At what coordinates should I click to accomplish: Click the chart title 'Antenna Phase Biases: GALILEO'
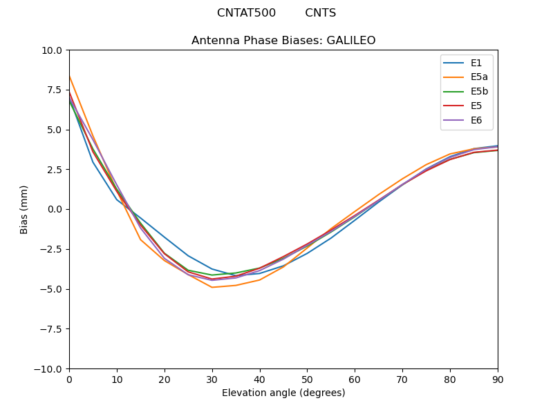pos(283,41)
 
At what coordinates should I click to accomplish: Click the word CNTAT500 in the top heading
pos(246,13)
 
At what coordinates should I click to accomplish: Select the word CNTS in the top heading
pos(320,13)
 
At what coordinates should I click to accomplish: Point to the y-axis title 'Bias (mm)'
pos(24,209)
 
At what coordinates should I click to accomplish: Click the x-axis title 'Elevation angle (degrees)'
pos(283,393)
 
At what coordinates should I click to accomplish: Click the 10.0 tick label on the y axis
pos(52,50)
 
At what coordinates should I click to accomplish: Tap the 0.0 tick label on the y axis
pos(54,210)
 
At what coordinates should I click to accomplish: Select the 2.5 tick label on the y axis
pos(54,170)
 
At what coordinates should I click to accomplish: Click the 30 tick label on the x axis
pos(212,379)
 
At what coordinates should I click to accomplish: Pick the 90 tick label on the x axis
pos(498,379)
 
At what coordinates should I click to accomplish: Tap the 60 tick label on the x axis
pos(355,379)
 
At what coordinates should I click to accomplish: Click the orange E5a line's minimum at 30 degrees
pos(212,287)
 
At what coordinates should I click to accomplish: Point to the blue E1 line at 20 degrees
pos(165,237)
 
